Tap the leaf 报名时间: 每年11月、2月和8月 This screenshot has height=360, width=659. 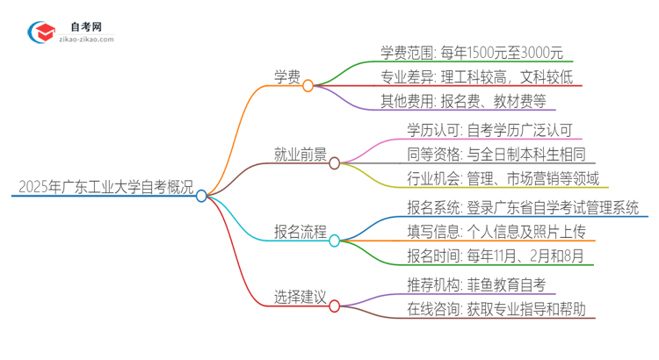(489, 256)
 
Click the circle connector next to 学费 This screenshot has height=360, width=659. (308, 86)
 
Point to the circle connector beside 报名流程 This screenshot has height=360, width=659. (334, 241)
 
